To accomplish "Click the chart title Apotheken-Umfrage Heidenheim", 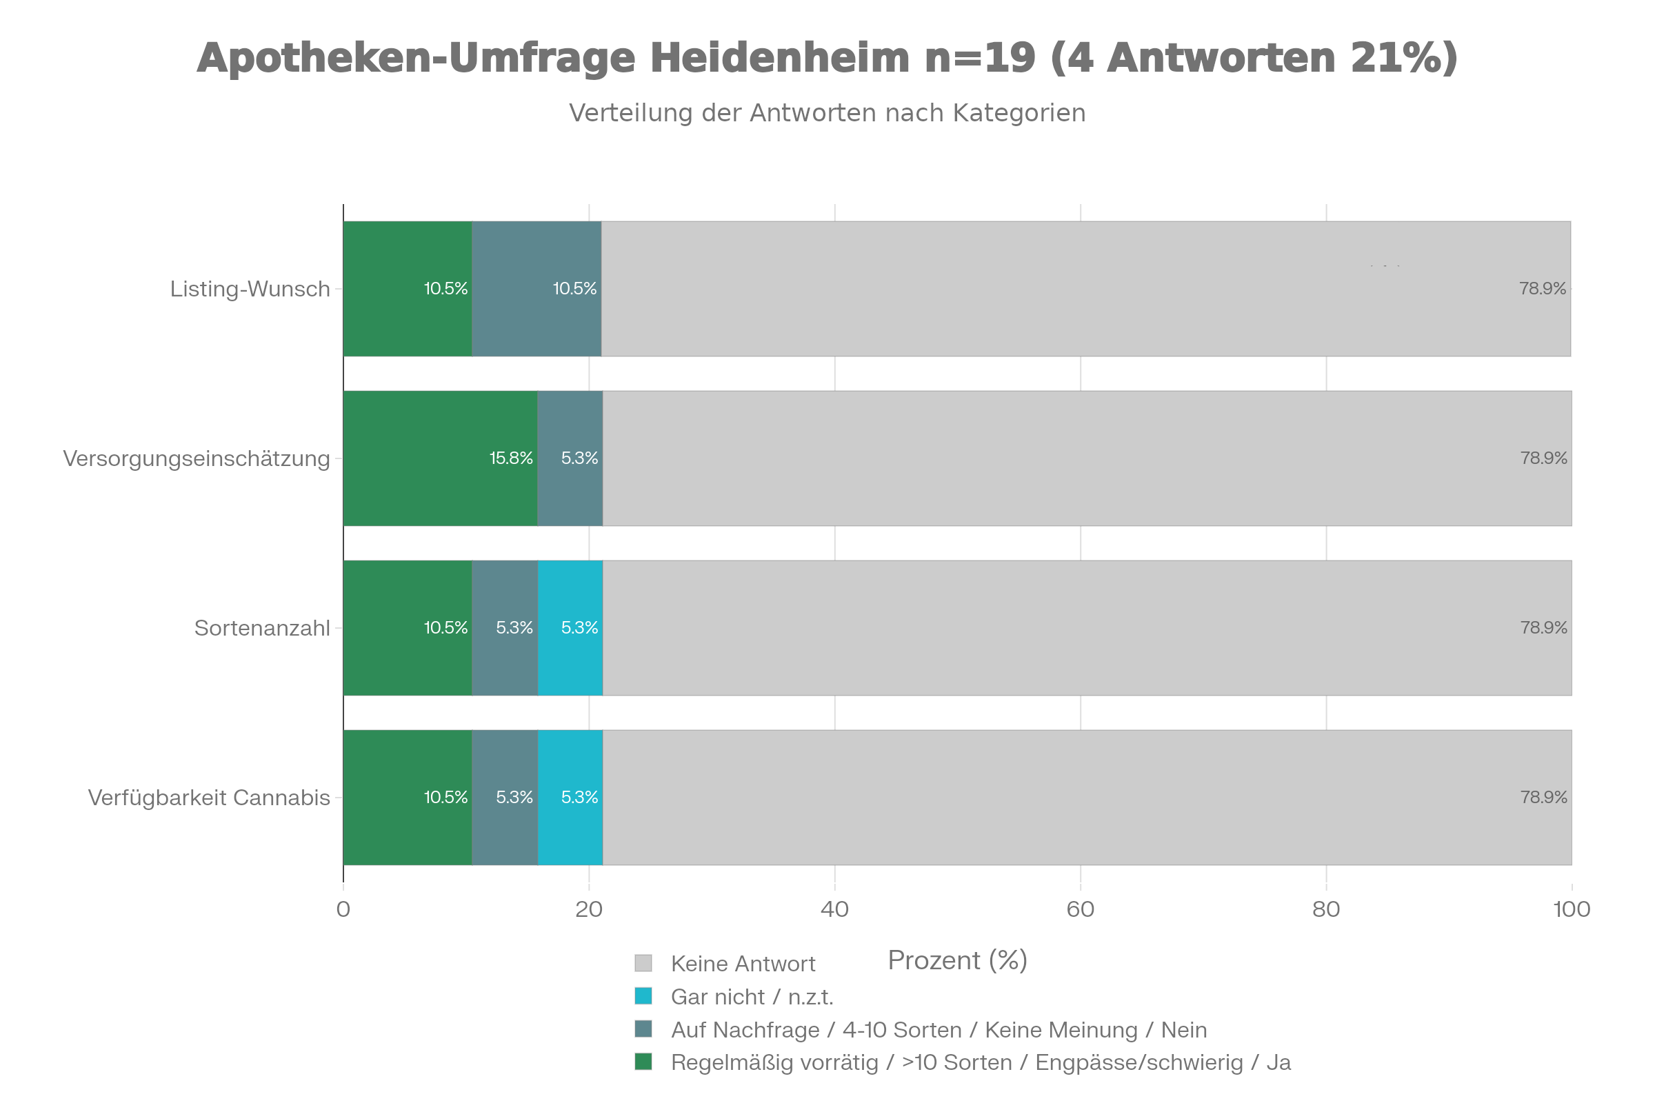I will (x=827, y=58).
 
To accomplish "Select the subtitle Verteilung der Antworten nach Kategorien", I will (x=827, y=113).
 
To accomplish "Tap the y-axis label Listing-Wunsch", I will (x=250, y=289).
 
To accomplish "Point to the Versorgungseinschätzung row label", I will (x=197, y=458).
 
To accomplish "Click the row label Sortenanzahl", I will (x=262, y=628).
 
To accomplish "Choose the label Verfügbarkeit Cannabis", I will (x=209, y=798).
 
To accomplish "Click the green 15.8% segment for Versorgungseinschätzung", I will (x=440, y=458).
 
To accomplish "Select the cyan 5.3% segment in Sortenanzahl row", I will (x=570, y=628).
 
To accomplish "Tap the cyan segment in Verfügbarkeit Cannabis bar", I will (x=570, y=798).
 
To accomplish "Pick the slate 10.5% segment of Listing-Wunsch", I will (x=536, y=289).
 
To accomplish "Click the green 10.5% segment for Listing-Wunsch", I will (x=408, y=289).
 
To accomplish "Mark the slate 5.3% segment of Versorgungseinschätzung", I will (x=570, y=458).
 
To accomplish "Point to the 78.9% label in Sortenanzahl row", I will (x=1543, y=628).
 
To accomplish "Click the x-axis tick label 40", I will (x=834, y=910).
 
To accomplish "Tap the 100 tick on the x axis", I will (x=1572, y=910).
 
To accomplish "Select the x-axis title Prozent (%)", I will (x=957, y=961).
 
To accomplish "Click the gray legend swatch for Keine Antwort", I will (x=643, y=963).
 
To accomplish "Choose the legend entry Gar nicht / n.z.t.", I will (x=752, y=998).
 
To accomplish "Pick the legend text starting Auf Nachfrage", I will (x=939, y=1031).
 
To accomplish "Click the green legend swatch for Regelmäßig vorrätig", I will (x=643, y=1062).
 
